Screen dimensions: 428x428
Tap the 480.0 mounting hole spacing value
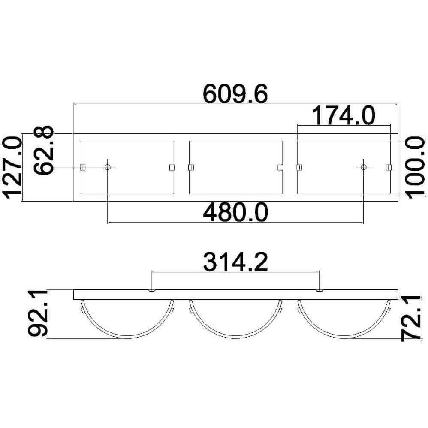pyautogui.click(x=235, y=213)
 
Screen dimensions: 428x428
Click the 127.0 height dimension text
pyautogui.click(x=12, y=167)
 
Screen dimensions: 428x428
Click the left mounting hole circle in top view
pyautogui.click(x=108, y=167)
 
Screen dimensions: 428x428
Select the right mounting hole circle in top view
pyautogui.click(x=364, y=167)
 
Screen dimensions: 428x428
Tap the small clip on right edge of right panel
pyautogui.click(x=389, y=167)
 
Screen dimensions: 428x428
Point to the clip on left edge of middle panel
pyautogui.click(x=191, y=167)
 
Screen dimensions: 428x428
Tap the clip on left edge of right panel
pyautogui.click(x=299, y=167)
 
